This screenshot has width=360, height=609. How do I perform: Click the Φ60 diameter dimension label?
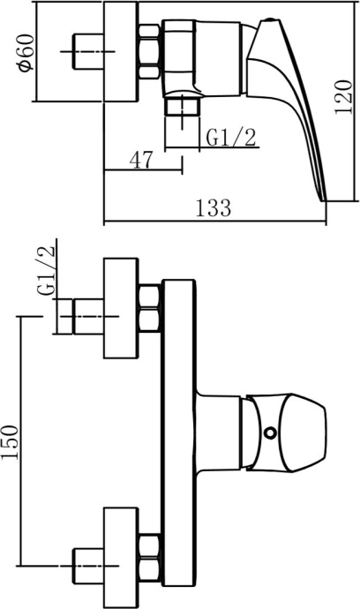(26, 52)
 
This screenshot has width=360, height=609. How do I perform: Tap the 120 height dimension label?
(344, 97)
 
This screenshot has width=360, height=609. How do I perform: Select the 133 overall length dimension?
(213, 207)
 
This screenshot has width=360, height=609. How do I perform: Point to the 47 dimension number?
(141, 160)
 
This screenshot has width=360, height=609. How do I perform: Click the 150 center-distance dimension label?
(10, 442)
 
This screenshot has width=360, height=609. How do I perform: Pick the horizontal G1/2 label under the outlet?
(231, 138)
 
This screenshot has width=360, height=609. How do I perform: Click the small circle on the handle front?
(269, 432)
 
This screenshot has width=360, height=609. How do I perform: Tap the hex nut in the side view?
(149, 52)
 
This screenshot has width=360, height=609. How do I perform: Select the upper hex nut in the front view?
(150, 308)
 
